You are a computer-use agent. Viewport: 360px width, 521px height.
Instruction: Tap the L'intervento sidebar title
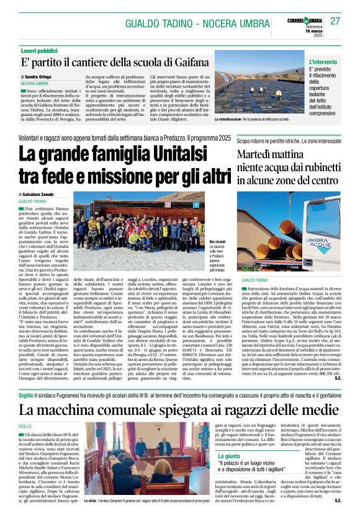click(323, 62)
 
